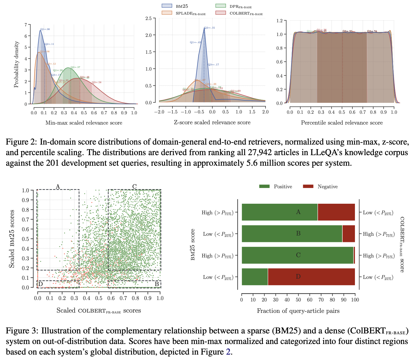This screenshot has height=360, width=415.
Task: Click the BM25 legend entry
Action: (x=174, y=6)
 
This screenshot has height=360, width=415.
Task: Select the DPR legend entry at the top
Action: (x=233, y=6)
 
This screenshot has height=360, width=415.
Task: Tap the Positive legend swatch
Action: (x=264, y=187)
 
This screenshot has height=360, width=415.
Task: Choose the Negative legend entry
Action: (x=320, y=187)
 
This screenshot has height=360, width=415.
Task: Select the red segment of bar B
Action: (x=348, y=234)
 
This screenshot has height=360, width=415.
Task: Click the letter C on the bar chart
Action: (x=298, y=255)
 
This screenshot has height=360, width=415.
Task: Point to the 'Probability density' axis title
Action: (x=17, y=64)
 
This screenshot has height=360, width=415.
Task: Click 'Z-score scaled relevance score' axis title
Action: (x=212, y=123)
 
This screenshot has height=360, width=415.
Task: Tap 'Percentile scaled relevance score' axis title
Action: (x=342, y=123)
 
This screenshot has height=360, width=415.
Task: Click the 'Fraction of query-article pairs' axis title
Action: (x=298, y=311)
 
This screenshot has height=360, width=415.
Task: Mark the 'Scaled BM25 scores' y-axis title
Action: (x=12, y=239)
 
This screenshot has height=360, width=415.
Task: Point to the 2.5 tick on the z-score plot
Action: (x=148, y=18)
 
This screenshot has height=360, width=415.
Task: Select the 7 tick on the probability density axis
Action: (x=26, y=25)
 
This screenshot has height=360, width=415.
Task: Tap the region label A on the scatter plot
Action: (x=58, y=187)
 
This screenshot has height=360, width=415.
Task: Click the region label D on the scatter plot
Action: (x=41, y=284)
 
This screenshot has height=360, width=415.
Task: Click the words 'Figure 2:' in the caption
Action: (x=21, y=142)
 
